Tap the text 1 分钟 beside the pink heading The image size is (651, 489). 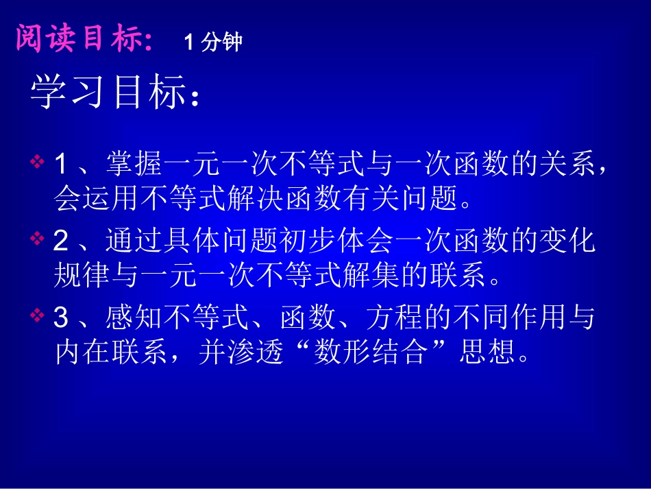click(x=213, y=43)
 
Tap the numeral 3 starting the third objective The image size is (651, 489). click(x=62, y=317)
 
